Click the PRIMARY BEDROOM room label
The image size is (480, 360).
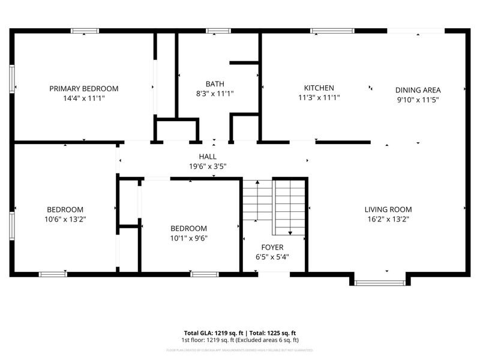pyautogui.click(x=83, y=88)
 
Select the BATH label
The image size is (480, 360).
pyautogui.click(x=215, y=84)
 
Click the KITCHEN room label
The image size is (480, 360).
pyautogui.click(x=319, y=88)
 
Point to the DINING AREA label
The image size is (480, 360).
pyautogui.click(x=418, y=90)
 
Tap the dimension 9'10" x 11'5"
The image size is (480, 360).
pyautogui.click(x=418, y=100)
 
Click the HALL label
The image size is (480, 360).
pyautogui.click(x=208, y=157)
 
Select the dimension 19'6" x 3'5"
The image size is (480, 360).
pyautogui.click(x=208, y=167)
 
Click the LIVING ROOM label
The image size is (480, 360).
pyautogui.click(x=388, y=209)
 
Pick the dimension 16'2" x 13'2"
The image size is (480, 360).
pyautogui.click(x=388, y=219)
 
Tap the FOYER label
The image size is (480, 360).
pyautogui.click(x=272, y=247)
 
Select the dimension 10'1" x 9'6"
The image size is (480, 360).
pyautogui.click(x=188, y=238)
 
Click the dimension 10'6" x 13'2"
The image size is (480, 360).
pyautogui.click(x=65, y=219)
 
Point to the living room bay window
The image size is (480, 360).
pyautogui.click(x=379, y=282)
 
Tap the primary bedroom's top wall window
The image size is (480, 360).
pyautogui.click(x=85, y=31)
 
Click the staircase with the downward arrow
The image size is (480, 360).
pyautogui.click(x=290, y=207)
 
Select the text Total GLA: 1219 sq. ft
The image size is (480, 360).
pyautogui.click(x=213, y=332)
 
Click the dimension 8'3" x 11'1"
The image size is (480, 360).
pyautogui.click(x=215, y=94)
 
